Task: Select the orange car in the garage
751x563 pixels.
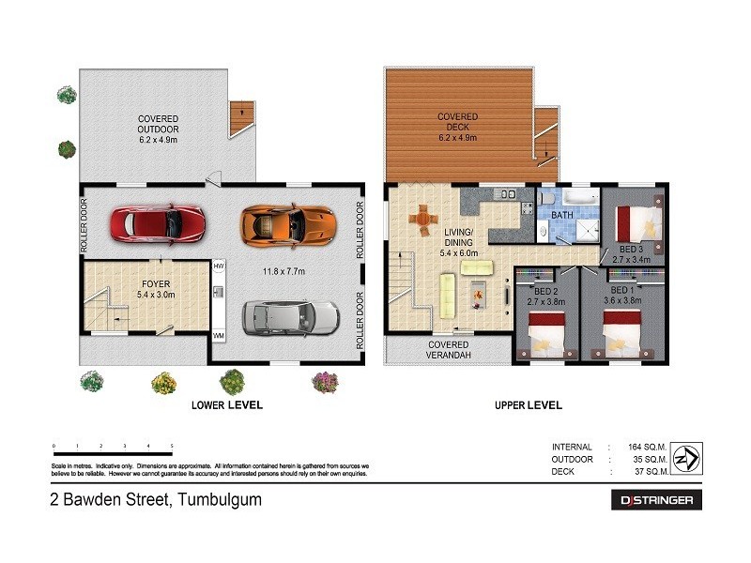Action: (x=286, y=223)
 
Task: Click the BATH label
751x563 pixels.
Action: (x=562, y=215)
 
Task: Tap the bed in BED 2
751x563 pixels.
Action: (x=546, y=332)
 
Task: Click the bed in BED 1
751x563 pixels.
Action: (x=621, y=332)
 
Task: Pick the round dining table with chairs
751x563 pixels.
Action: (x=422, y=221)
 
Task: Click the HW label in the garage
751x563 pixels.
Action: (x=219, y=266)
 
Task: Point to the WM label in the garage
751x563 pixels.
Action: (x=219, y=334)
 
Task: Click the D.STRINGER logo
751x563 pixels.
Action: (x=655, y=500)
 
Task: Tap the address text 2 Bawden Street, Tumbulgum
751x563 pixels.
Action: (x=155, y=500)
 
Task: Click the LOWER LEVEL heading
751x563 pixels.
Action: (x=226, y=405)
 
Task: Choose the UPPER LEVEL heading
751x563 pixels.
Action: (x=528, y=405)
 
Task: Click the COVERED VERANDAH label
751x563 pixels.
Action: (x=449, y=350)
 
